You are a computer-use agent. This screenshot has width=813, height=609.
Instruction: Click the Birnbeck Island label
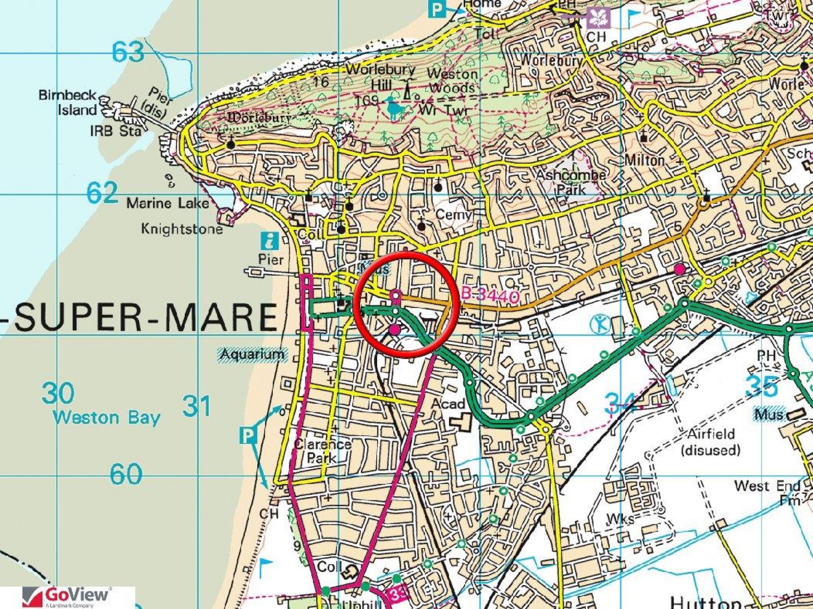[x=68, y=102]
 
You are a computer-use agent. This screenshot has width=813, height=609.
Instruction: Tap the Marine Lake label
[x=168, y=203]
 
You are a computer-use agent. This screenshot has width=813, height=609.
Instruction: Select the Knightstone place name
[x=182, y=229]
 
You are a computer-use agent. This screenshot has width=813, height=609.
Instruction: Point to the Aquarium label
[x=252, y=355]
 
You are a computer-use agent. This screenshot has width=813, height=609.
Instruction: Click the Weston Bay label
[x=107, y=417]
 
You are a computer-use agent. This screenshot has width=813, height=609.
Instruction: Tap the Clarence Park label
[x=322, y=451]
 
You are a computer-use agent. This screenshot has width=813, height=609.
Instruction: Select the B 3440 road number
[x=491, y=296]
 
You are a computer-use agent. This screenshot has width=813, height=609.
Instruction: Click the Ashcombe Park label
[x=571, y=182]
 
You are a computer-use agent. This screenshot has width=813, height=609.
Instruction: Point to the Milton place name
[x=645, y=160]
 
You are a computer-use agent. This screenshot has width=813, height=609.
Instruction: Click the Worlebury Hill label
[x=380, y=77]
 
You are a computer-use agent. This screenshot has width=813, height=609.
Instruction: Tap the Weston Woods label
[x=452, y=80]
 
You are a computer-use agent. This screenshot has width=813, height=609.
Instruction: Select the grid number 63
[x=128, y=52]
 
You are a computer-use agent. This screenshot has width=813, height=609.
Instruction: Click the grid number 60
[x=126, y=474]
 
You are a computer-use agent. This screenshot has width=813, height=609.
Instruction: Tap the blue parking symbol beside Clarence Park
[x=248, y=436]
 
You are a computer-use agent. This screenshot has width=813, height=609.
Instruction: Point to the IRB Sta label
[x=115, y=131]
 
